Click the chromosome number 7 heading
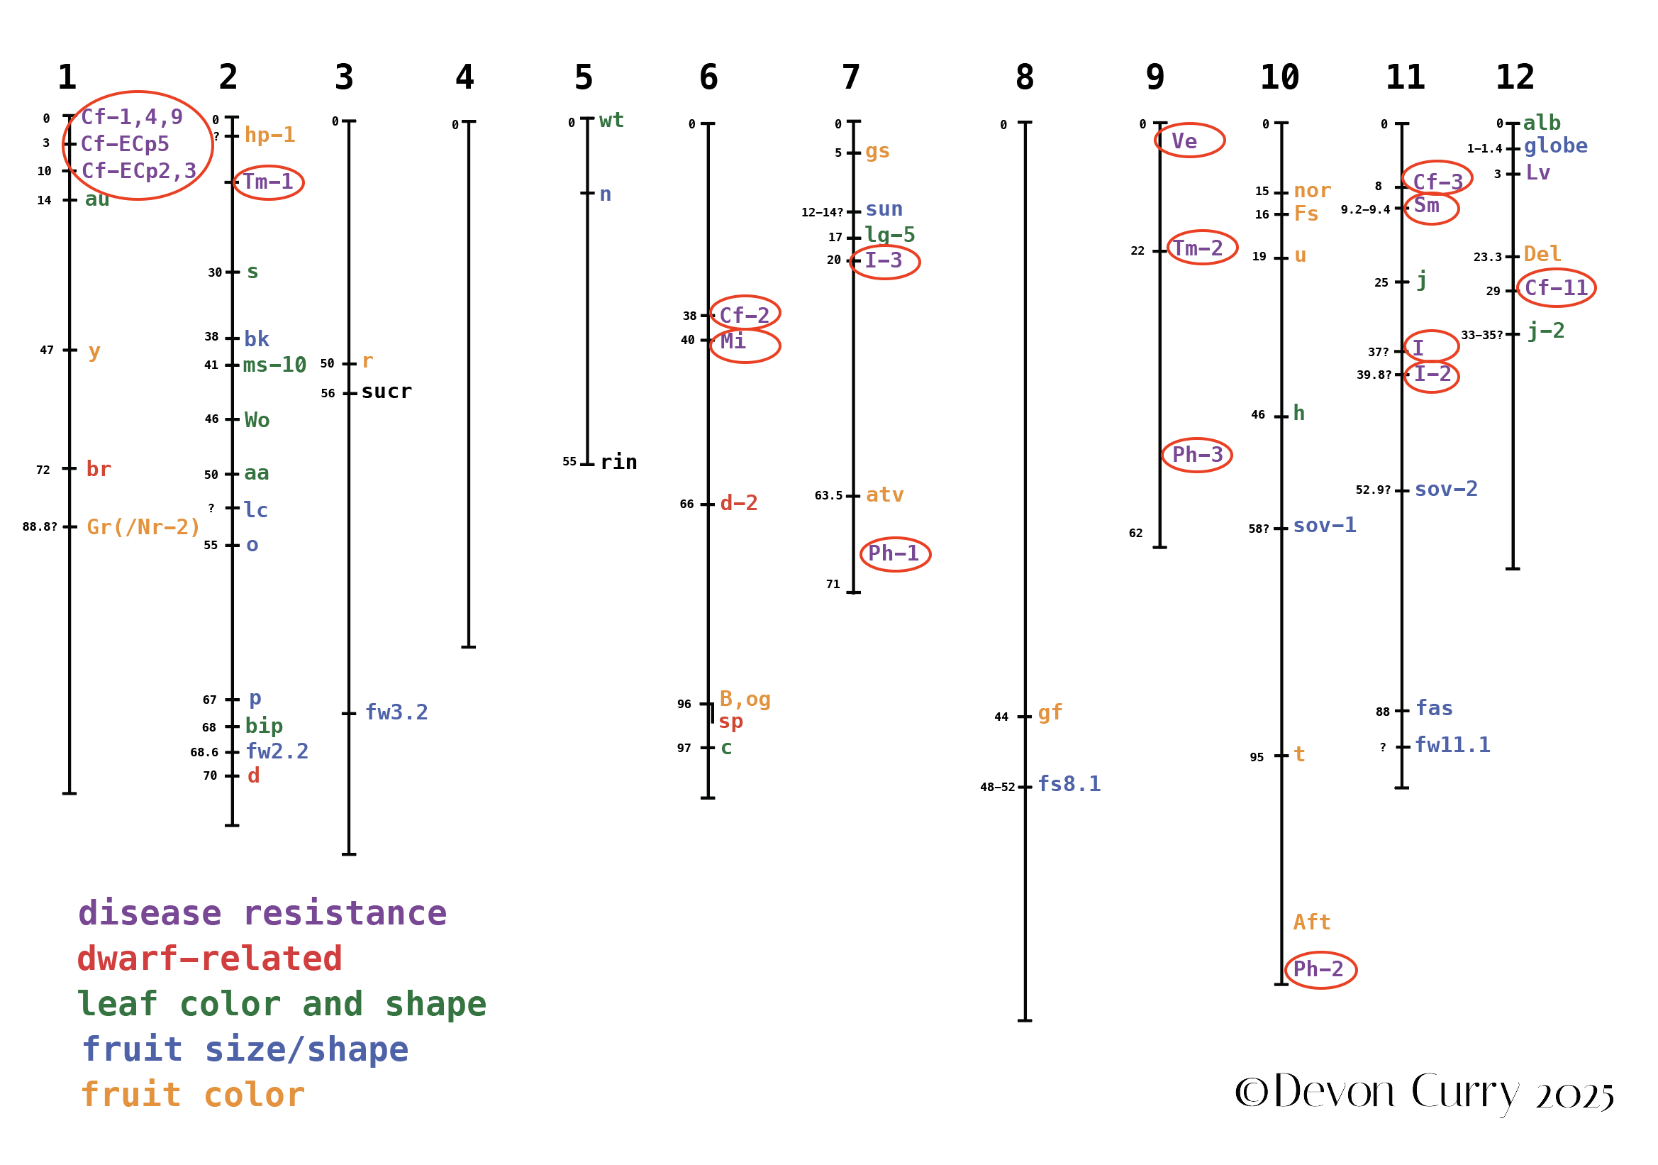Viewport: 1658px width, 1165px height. [x=851, y=77]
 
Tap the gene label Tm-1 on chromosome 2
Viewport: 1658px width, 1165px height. [x=268, y=182]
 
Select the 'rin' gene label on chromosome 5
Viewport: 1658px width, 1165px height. [x=619, y=463]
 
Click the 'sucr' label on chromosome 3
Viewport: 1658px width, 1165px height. [x=386, y=392]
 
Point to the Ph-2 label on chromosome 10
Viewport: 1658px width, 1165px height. [x=1318, y=969]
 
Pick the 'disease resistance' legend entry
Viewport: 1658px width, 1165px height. [x=262, y=914]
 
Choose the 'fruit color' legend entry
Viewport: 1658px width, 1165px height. [x=193, y=1095]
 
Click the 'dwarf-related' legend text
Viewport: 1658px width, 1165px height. [x=209, y=959]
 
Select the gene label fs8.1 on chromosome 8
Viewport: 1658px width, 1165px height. [x=1069, y=785]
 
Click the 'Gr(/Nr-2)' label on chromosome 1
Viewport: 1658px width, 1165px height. [x=143, y=527]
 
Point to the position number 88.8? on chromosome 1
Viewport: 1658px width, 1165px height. [x=40, y=527]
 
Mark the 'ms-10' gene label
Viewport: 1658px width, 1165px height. [x=274, y=365]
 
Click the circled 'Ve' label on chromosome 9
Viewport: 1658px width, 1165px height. [x=1184, y=142]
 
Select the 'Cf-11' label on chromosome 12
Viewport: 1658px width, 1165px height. [x=1556, y=288]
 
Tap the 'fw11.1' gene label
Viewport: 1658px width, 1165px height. [x=1452, y=746]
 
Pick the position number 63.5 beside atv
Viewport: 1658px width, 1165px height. [x=828, y=496]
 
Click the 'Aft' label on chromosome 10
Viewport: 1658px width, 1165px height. [x=1311, y=923]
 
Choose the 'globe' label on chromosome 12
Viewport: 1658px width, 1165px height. [x=1555, y=147]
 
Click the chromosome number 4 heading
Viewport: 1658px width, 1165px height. [x=464, y=77]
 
